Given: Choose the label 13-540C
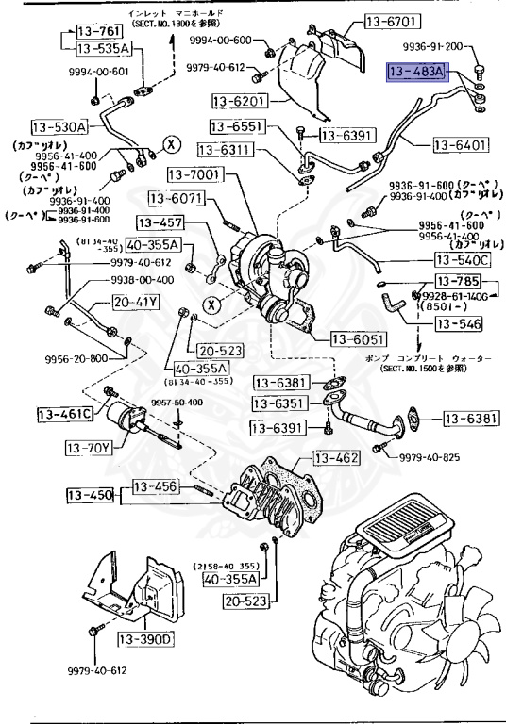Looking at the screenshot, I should click(463, 259).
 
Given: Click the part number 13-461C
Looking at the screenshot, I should click(65, 414).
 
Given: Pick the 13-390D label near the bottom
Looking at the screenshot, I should click(146, 640).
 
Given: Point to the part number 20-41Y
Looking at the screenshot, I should click(136, 303).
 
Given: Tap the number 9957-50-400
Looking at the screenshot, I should click(177, 403).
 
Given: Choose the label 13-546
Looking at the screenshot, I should click(458, 325).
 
